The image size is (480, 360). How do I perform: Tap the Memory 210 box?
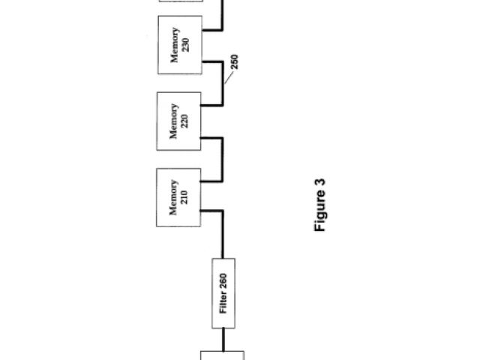(x=179, y=197)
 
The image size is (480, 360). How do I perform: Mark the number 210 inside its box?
(x=185, y=197)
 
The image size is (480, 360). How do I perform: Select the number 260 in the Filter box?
(x=223, y=282)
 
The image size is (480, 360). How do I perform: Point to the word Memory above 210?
(x=174, y=197)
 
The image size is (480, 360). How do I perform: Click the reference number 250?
(x=235, y=63)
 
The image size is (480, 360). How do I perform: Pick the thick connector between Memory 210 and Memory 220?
(x=223, y=159)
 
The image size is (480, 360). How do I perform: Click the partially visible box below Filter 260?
(x=223, y=355)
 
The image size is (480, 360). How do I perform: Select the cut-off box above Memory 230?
(x=181, y=1)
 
